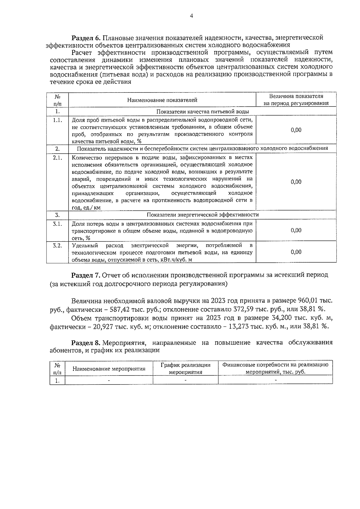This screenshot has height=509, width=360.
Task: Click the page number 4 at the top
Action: click(191, 17)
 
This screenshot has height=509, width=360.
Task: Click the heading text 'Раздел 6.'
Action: click(86, 38)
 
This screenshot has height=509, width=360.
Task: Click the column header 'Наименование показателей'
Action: click(162, 100)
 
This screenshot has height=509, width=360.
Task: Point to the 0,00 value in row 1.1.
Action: click(296, 130)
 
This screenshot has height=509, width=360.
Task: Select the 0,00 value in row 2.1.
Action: click(296, 182)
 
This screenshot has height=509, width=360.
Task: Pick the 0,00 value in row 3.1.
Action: click(296, 230)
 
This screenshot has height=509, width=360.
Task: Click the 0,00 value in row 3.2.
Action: click(296, 252)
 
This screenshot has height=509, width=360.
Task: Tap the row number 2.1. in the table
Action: click(57, 158)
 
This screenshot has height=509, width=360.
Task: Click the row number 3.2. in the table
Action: click(57, 245)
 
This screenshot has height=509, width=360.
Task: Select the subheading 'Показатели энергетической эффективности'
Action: click(203, 215)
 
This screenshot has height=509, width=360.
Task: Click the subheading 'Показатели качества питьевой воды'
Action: click(203, 112)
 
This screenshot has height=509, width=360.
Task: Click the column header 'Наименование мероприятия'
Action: click(109, 369)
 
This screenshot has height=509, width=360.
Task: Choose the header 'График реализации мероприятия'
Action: click(185, 369)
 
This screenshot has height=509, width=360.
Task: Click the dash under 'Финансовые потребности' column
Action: click(275, 380)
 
